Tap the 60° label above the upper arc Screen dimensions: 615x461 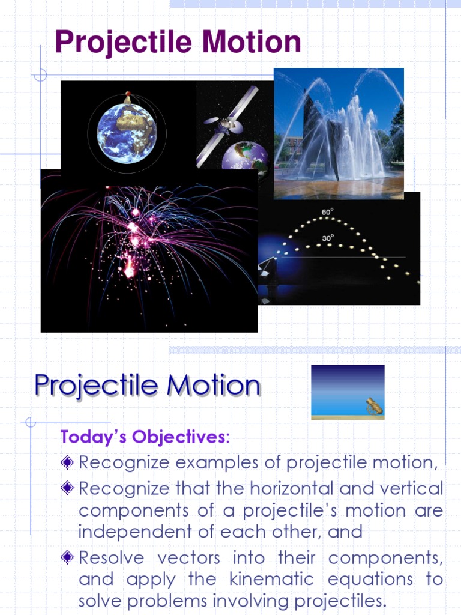[x=327, y=212]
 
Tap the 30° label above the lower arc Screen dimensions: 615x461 [x=327, y=238]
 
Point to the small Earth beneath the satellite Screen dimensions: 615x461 [x=246, y=157]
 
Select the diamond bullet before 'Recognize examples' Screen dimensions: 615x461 [x=68, y=462]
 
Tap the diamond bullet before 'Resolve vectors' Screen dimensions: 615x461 [x=68, y=557]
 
